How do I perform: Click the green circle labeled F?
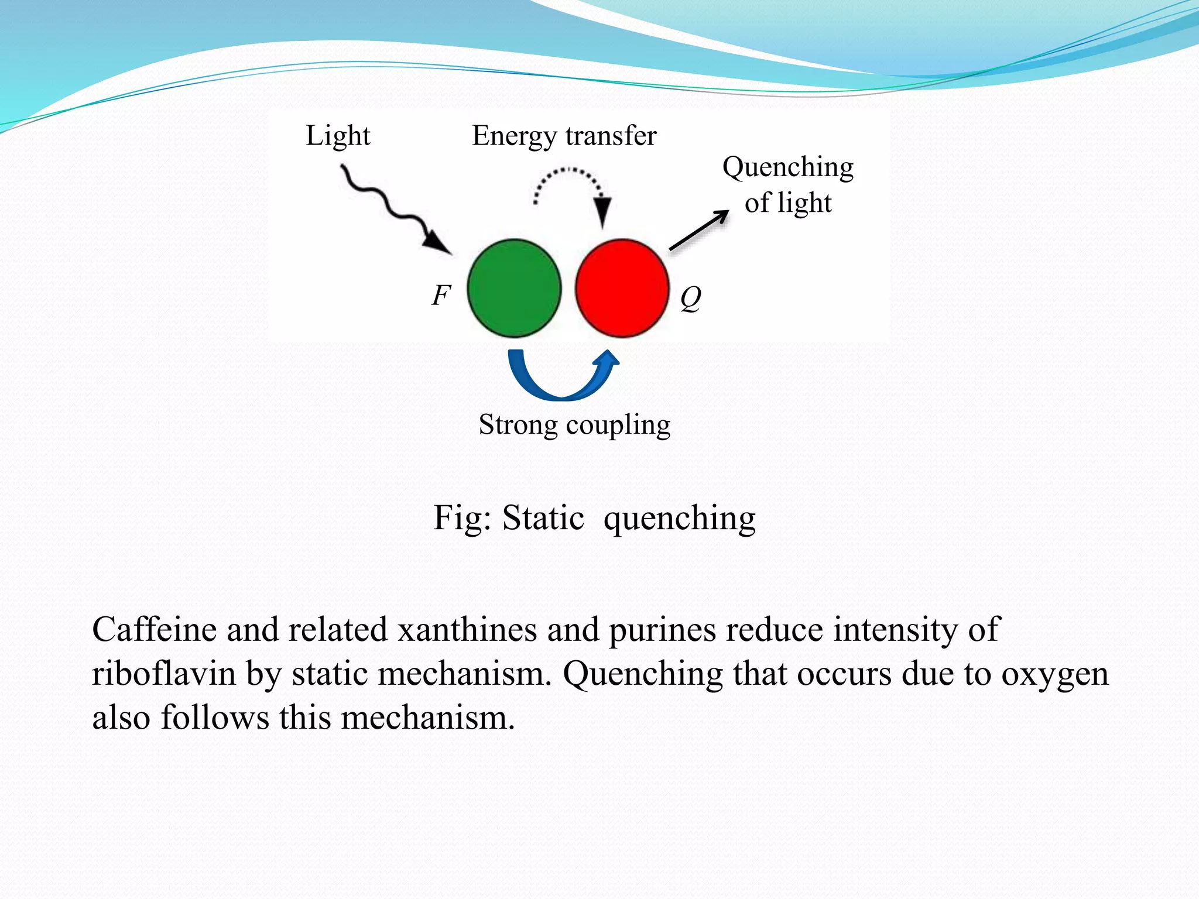point(514,288)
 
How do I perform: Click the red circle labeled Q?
point(622,288)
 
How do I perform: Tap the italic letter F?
point(441,295)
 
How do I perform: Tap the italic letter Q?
point(690,298)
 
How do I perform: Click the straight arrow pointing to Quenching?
point(698,231)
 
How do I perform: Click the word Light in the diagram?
point(338,136)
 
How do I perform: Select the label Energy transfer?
point(564,136)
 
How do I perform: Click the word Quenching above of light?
point(787,167)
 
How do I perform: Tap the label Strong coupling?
point(574,425)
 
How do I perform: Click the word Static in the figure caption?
point(543,518)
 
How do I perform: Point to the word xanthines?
point(467,630)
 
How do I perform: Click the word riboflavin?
point(163,674)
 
